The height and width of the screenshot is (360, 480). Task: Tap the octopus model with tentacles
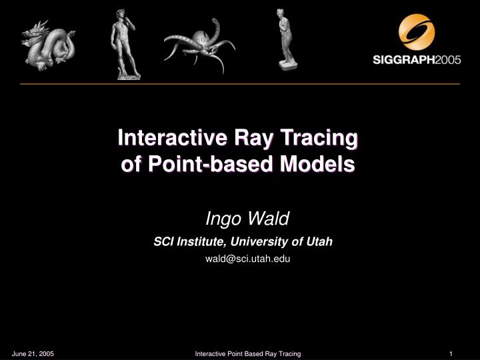pyautogui.click(x=198, y=44)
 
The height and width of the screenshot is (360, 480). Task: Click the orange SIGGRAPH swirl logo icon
pyautogui.click(x=417, y=32)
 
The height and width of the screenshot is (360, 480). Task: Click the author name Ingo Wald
pyautogui.click(x=246, y=218)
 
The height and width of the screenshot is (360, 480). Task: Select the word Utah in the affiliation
pyautogui.click(x=320, y=242)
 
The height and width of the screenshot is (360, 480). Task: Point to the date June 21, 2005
pyautogui.click(x=33, y=353)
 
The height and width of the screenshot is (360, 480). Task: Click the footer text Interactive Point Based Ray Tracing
pyautogui.click(x=247, y=353)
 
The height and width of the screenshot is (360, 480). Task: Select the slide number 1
pyautogui.click(x=451, y=353)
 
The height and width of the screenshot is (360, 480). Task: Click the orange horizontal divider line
pyautogui.click(x=240, y=84)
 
